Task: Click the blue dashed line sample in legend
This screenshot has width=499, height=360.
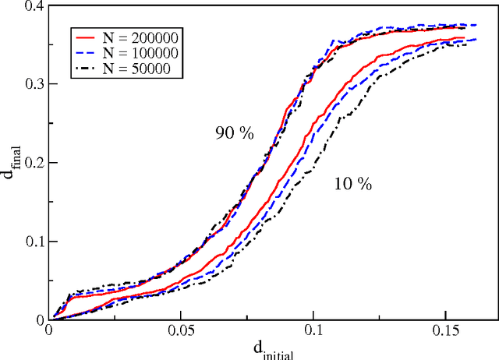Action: pos(85,54)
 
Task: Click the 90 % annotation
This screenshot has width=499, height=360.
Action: pos(235,133)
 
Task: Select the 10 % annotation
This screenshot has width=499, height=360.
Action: pos(352,185)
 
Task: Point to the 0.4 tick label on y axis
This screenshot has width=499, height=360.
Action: pos(32,6)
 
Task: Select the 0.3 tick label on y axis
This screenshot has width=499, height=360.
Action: pos(32,84)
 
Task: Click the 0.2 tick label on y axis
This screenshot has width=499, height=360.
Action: pos(32,163)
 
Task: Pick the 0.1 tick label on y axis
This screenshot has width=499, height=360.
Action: pos(32,242)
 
